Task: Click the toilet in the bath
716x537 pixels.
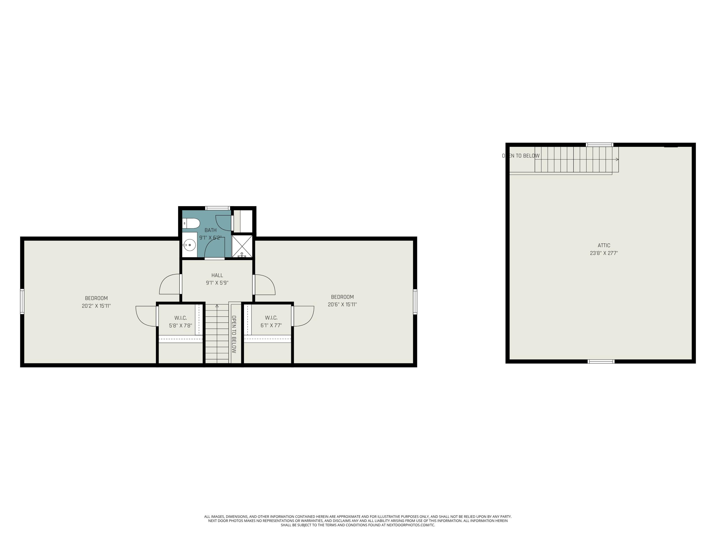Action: pos(191,223)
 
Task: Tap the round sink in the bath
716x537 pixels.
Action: pos(189,245)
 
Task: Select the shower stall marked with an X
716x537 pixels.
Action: pos(242,246)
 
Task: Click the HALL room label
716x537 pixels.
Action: pos(217,275)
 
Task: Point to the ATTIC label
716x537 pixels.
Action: pos(604,245)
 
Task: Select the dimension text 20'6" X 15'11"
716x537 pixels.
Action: pos(342,305)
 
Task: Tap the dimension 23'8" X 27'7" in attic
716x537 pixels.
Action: pos(604,253)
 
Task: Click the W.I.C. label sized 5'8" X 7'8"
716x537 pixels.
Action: pos(180,318)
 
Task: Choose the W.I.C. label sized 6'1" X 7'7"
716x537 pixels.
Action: pos(271,318)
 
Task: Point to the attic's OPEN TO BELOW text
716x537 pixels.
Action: pos(521,156)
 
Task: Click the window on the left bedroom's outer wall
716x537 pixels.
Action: pos(22,301)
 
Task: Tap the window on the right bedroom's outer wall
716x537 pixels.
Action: pos(415,302)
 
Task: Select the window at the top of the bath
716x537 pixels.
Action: pos(217,208)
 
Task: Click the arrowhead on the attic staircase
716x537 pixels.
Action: pos(617,159)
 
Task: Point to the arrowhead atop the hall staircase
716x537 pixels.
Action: pos(217,305)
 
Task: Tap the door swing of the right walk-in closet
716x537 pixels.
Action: pos(304,316)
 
